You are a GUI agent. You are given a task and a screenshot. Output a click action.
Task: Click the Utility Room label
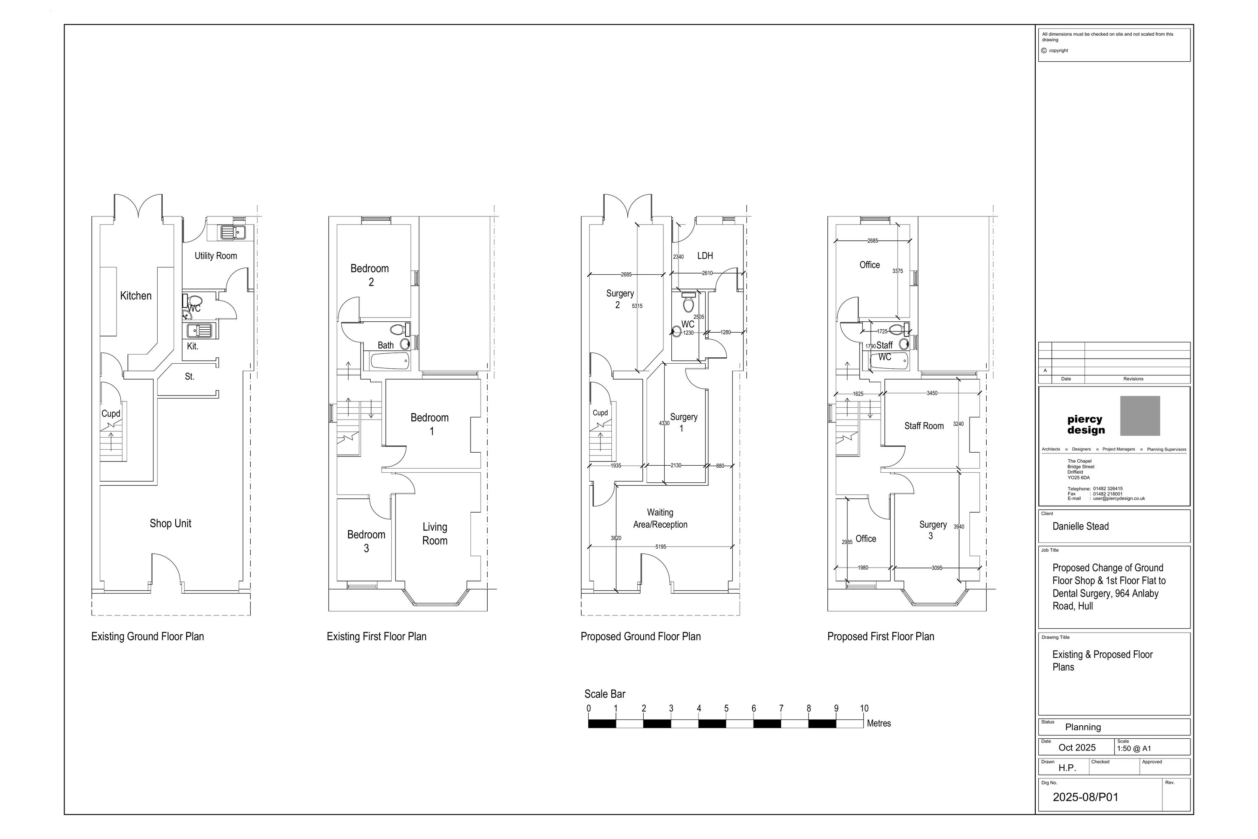click(x=216, y=256)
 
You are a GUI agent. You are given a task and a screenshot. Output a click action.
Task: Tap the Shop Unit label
click(x=170, y=523)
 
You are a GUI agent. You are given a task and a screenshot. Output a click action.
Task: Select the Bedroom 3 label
click(x=366, y=541)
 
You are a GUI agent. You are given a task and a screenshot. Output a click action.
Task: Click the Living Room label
click(x=434, y=534)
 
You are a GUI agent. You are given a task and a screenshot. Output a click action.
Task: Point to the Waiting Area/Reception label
click(x=660, y=519)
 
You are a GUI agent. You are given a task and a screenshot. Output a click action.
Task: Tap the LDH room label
click(x=705, y=256)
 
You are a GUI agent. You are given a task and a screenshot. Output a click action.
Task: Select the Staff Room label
click(x=924, y=426)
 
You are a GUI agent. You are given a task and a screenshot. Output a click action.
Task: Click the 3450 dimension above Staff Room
click(x=932, y=393)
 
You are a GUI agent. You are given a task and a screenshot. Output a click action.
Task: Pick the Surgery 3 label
click(x=932, y=530)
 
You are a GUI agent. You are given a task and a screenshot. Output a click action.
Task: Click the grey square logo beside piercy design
click(x=1140, y=416)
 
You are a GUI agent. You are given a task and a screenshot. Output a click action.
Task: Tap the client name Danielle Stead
click(x=1081, y=526)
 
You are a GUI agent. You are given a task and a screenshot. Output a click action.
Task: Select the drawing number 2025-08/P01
click(x=1085, y=797)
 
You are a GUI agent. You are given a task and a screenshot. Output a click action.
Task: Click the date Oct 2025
click(x=1077, y=748)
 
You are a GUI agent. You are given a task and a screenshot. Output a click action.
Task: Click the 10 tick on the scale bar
click(x=864, y=709)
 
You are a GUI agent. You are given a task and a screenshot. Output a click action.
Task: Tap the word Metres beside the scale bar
click(x=879, y=723)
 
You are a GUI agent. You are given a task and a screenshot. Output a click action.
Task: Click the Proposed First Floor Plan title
click(x=880, y=636)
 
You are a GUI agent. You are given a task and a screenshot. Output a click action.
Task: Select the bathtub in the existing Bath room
click(x=390, y=361)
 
